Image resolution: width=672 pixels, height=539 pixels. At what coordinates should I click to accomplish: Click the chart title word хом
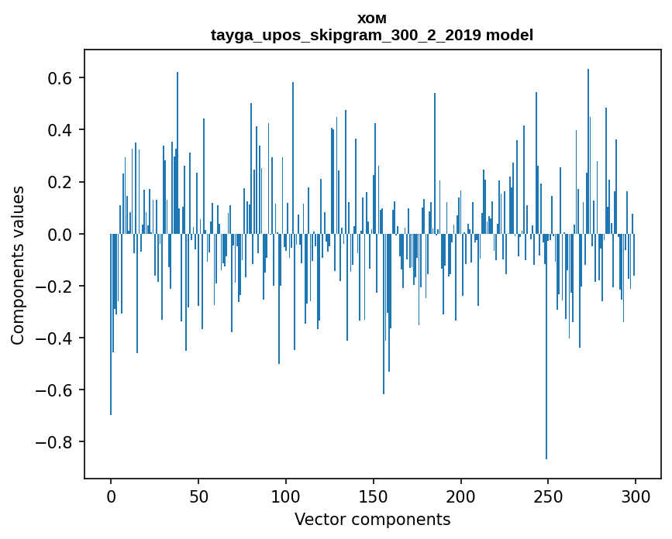pos(372,19)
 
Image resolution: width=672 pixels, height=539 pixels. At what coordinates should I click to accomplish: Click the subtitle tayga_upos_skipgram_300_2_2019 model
pos(372,35)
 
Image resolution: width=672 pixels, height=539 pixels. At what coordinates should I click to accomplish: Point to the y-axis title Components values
pos(18,265)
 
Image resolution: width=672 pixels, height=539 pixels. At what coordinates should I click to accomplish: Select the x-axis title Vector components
pos(372,519)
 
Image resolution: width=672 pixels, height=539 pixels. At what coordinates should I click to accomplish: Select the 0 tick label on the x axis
pos(111,495)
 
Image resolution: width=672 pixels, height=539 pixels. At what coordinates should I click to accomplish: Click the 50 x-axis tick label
pos(198,495)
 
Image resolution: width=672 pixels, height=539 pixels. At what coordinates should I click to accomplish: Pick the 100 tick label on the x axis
pos(286,495)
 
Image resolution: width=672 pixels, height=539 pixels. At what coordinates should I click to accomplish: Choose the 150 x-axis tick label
pos(374,495)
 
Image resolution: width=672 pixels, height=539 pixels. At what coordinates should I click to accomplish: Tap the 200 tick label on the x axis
pos(461,495)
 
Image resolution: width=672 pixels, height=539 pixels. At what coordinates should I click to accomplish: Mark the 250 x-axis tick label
pos(548,495)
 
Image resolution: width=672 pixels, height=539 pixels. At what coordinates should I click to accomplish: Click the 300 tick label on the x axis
pos(636,495)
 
